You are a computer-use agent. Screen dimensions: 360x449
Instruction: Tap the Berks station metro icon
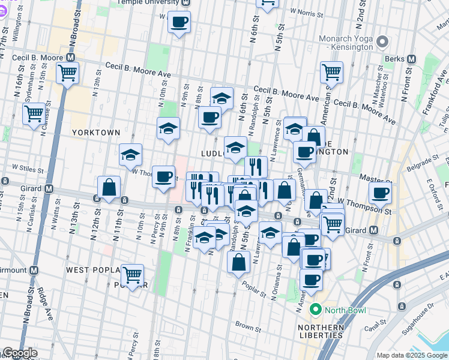pos(412,59)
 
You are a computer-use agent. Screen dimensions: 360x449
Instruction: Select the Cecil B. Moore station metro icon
pos(71,58)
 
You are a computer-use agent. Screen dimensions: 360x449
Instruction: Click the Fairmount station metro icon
pos(34,270)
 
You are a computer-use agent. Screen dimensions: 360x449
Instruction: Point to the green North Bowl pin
pos(315,310)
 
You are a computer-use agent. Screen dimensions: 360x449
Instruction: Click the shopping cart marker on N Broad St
pos(67,73)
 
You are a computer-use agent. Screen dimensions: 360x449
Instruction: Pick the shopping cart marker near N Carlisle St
pos(34,112)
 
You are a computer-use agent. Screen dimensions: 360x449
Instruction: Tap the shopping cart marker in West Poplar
pos(132,275)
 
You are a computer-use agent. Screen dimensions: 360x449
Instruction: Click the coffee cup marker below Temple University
pos(179,23)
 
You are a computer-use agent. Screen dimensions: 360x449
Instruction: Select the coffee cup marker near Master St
pos(379,193)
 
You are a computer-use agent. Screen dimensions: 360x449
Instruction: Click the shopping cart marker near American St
pos(331,72)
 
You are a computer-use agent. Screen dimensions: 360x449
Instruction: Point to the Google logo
pos(20,353)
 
